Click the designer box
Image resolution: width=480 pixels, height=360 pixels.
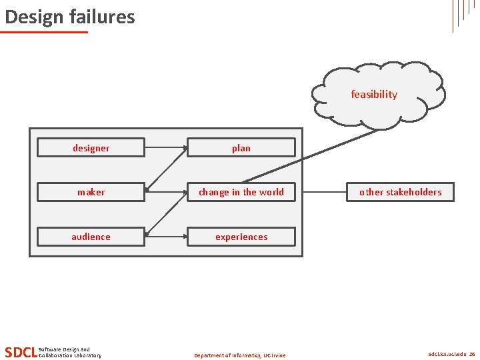click(x=91, y=147)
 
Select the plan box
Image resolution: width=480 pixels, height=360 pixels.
click(x=241, y=147)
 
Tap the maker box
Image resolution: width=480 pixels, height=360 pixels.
click(x=91, y=192)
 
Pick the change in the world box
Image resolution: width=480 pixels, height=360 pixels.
click(x=241, y=192)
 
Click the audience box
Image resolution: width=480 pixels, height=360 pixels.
click(x=91, y=237)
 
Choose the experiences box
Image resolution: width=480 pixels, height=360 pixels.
click(x=241, y=237)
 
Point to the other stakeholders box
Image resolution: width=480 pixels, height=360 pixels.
click(x=400, y=192)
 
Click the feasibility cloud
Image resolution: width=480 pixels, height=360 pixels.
click(x=375, y=94)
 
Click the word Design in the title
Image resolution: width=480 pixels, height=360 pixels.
click(x=31, y=17)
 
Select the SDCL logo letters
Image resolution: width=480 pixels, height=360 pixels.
click(x=20, y=352)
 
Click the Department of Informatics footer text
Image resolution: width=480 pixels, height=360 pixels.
click(x=239, y=355)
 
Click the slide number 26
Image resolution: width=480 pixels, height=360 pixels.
click(x=472, y=355)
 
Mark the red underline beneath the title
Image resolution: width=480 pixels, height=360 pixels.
click(x=44, y=32)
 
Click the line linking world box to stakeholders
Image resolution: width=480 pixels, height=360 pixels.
click(x=325, y=192)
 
